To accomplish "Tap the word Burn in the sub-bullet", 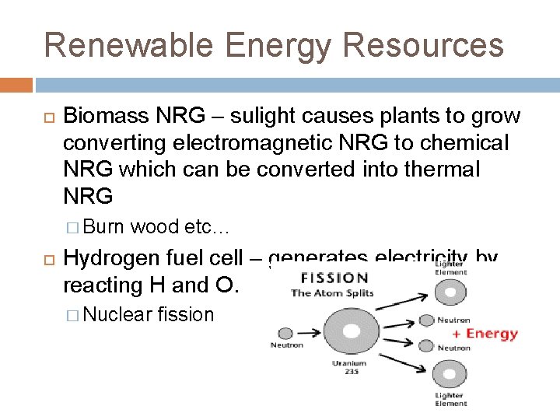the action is (x=104, y=228).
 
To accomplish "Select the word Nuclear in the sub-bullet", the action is (x=117, y=314).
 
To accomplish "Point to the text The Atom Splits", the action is (x=333, y=293).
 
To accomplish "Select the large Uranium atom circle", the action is (x=351, y=331).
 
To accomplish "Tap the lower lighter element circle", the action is (x=450, y=375).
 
